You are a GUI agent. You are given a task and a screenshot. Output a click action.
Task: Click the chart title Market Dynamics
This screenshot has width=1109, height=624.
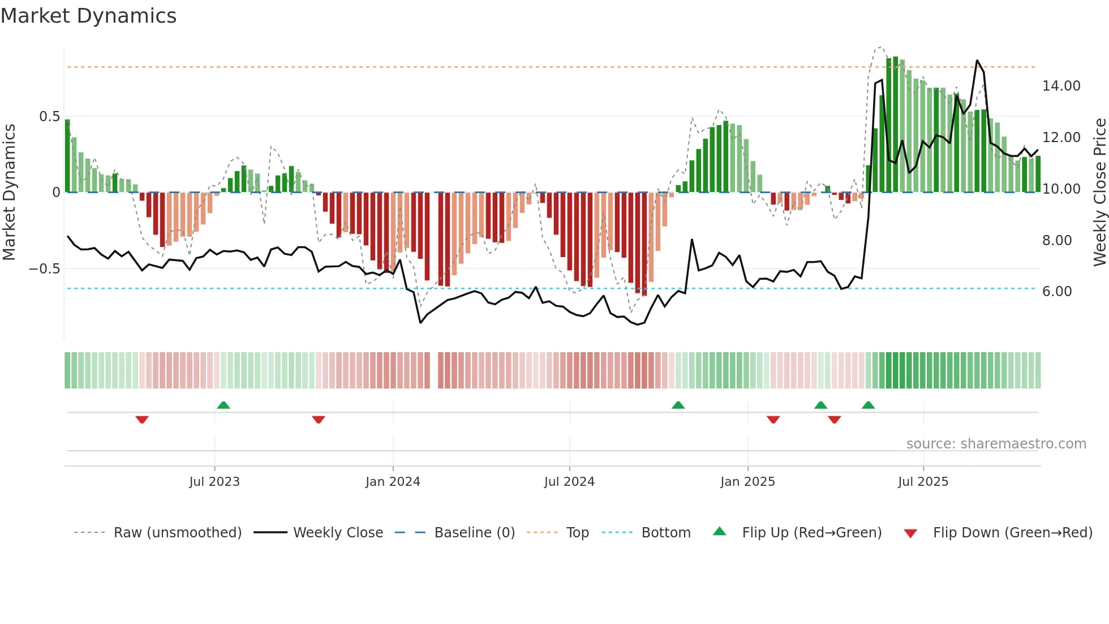coord(88,16)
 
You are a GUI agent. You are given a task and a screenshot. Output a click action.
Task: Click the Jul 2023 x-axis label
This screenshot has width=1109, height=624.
coord(214,482)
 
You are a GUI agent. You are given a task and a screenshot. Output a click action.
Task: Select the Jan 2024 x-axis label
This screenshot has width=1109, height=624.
coord(393,482)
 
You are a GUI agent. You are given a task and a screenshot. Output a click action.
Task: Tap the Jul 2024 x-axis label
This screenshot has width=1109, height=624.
coord(569,482)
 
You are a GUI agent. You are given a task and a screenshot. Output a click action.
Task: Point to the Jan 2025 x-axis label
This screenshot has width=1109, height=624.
coord(747,482)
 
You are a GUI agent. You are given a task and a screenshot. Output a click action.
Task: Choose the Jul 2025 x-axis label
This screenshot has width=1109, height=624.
coord(923,482)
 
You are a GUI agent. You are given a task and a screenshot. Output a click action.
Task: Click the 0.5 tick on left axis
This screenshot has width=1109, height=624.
coord(49,117)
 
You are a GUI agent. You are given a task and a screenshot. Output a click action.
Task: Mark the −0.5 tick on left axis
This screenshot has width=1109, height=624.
coord(45,268)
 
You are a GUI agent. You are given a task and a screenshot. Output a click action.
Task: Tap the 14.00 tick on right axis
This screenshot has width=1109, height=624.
coord(1061,86)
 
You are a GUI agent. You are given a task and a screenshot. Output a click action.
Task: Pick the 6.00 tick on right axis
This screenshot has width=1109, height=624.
coord(1057,292)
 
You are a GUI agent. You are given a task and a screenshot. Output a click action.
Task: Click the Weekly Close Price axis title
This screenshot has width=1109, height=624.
coord(1099,192)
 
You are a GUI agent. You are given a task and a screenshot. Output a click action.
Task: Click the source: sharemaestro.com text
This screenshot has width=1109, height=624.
coord(996,444)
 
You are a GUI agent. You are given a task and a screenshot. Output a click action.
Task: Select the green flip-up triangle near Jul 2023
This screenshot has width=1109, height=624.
coord(223,405)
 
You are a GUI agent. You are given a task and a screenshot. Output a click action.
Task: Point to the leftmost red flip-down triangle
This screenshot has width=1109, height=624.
coord(142,420)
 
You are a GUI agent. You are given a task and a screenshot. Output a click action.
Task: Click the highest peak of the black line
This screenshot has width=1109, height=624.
coord(977,61)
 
